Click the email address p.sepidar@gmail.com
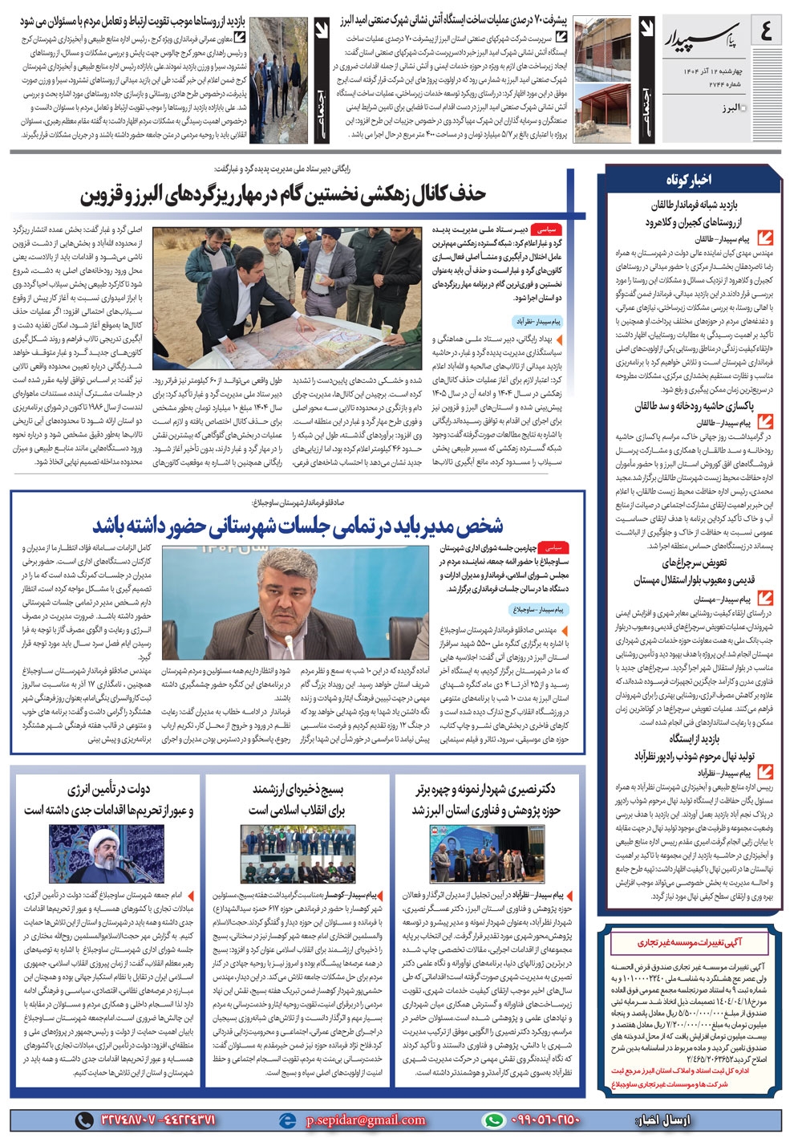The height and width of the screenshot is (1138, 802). [x=366, y=1120]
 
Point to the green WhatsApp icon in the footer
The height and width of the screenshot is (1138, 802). [x=494, y=1120]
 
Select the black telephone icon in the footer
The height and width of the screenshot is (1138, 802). [x=84, y=1120]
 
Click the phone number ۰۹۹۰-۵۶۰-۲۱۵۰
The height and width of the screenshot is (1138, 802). [x=545, y=1120]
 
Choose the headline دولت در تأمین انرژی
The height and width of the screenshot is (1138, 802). [x=108, y=799]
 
